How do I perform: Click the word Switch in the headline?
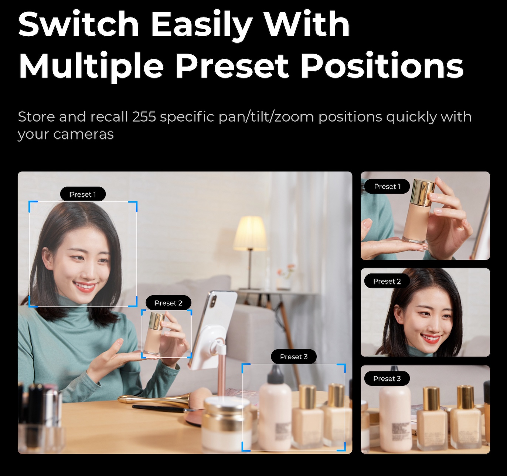coord(79,24)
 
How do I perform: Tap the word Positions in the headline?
coord(382,65)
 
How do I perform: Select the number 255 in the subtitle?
coord(144,117)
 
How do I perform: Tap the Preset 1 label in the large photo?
coord(83,194)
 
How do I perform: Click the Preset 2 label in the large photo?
coord(168,303)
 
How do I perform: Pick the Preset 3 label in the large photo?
coord(293,357)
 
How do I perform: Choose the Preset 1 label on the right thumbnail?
coord(387,186)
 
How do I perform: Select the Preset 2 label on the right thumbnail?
coord(387,281)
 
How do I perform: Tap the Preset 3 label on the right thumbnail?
coord(387,378)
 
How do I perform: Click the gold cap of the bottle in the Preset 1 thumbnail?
coord(423,192)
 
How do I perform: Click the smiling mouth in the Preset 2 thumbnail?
coord(431,339)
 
